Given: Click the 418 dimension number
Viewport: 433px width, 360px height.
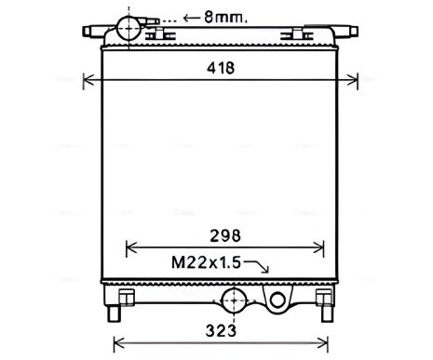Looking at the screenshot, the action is [221, 68].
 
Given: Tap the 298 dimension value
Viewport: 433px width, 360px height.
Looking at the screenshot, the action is [225, 235].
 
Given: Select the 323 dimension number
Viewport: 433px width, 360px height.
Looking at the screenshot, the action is [221, 330].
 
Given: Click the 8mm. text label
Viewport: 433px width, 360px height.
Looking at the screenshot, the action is [225, 18].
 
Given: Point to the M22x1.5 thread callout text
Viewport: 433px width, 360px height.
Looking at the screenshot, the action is [206, 263].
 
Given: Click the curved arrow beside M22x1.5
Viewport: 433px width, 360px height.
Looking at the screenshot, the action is [256, 267].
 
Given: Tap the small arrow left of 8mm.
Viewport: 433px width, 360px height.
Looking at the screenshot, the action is [191, 18].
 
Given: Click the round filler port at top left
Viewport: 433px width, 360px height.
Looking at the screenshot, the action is [129, 28].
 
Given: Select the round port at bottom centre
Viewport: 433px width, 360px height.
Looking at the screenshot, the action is [234, 300].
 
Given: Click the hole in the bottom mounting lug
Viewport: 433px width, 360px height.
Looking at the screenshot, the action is [277, 300].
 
